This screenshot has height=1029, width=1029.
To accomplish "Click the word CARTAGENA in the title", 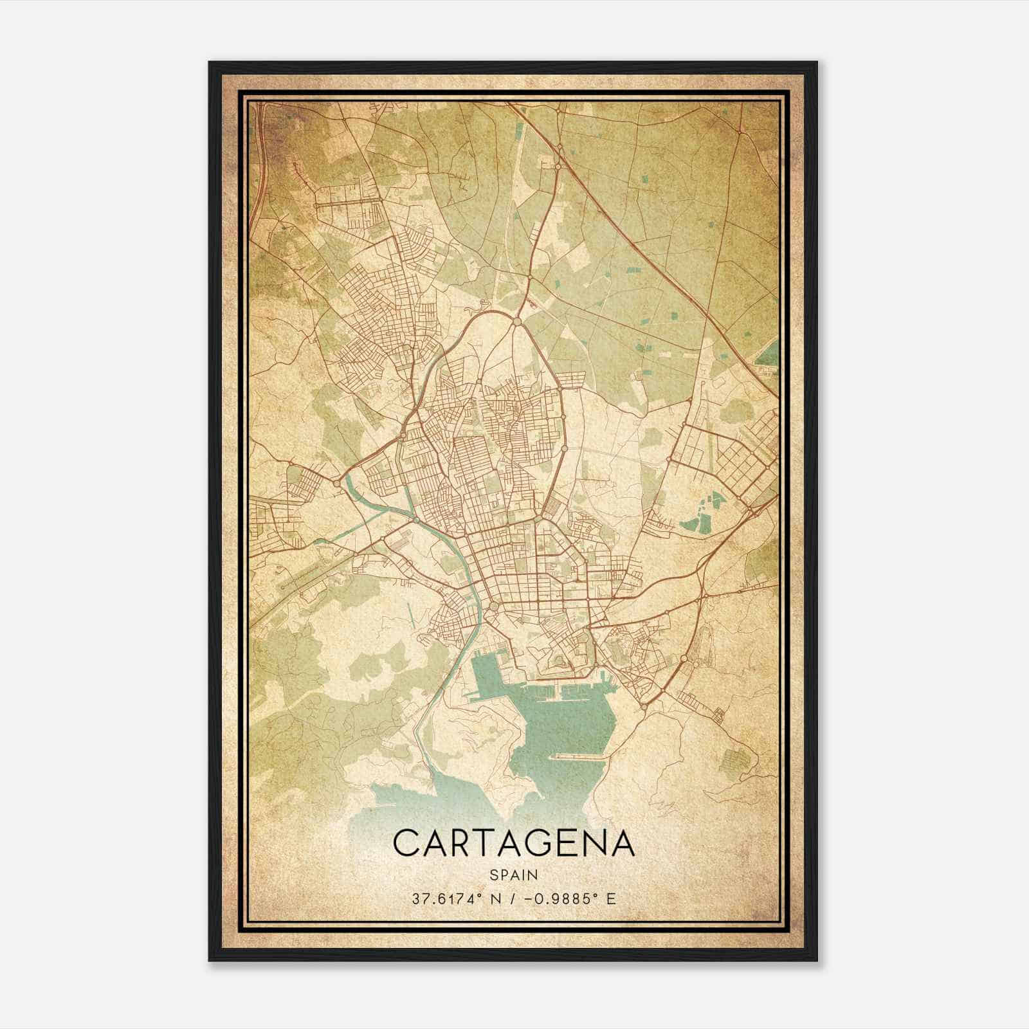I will pyautogui.click(x=514, y=843).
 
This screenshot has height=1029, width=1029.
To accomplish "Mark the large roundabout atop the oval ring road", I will pyautogui.click(x=517, y=320).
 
